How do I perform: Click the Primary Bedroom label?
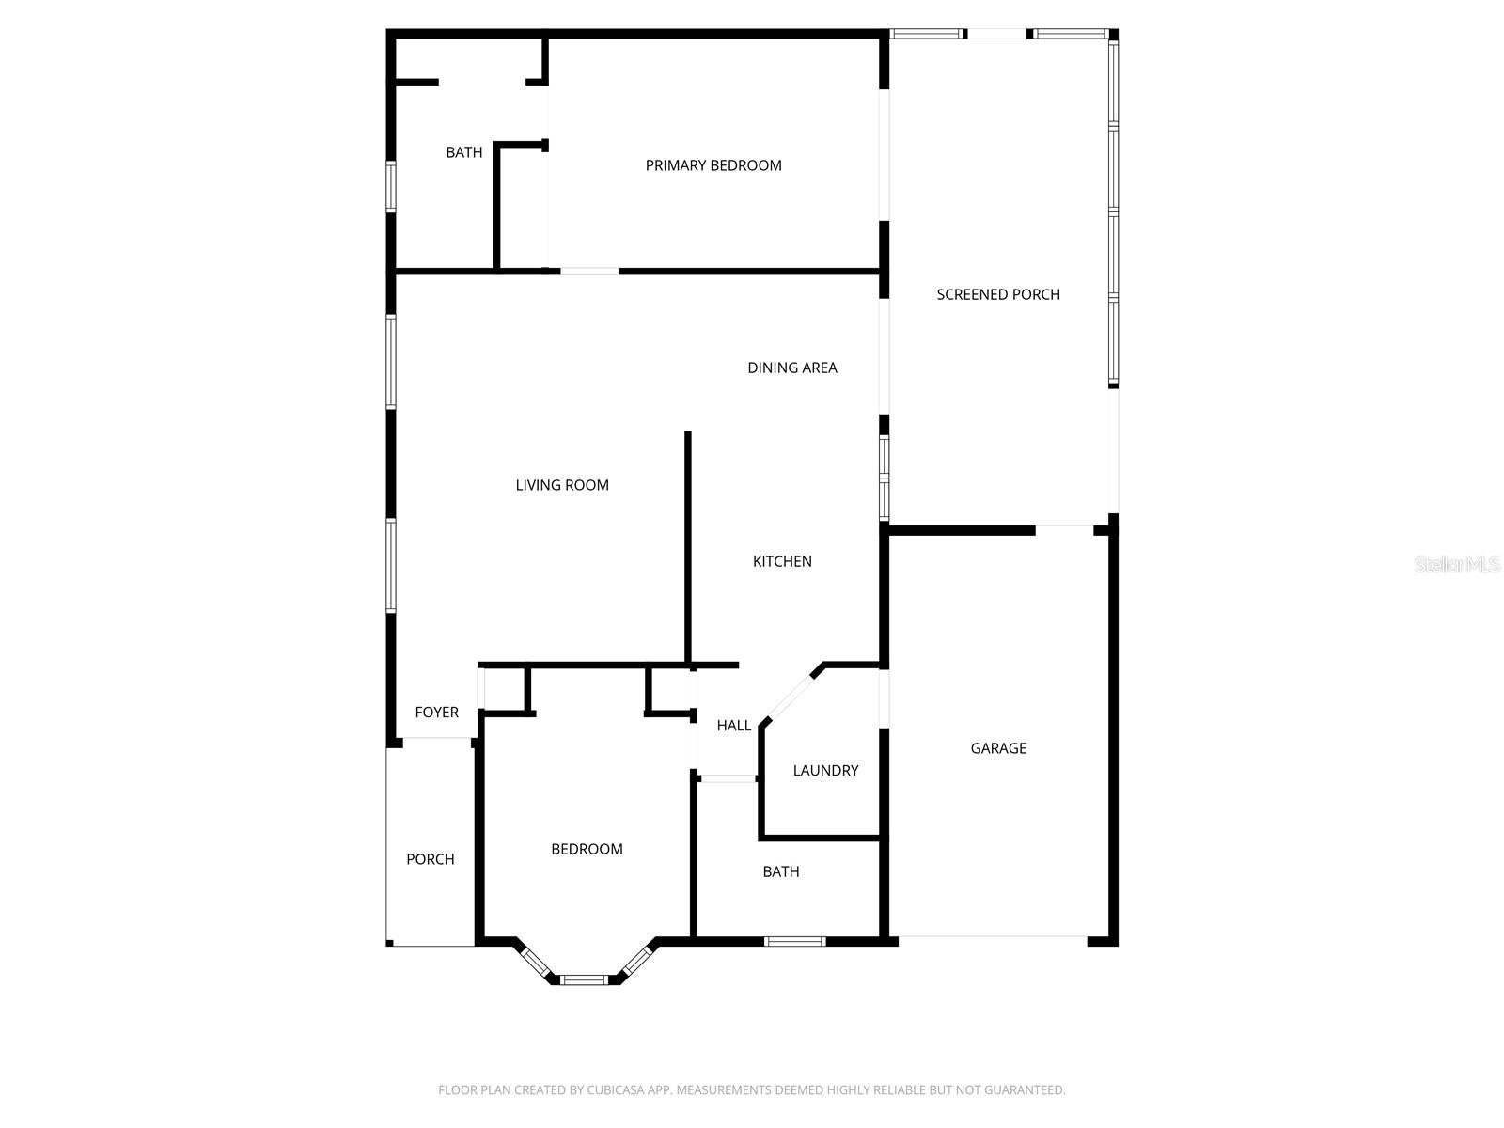pos(713,165)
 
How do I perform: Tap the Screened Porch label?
pos(998,294)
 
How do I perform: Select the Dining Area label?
pos(792,368)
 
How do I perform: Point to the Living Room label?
pos(562,485)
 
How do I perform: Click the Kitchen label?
pos(782,561)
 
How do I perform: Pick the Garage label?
pos(998,748)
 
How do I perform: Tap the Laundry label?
pos(825,771)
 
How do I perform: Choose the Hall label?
pos(734,726)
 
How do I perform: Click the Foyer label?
pos(437,713)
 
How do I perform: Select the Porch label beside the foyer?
pos(431,859)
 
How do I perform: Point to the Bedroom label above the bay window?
pos(587,849)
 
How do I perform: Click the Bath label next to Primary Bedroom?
pos(464,152)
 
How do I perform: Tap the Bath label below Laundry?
pos(781,871)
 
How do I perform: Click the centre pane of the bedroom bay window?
pos(584,980)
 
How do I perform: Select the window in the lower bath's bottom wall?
pos(795,941)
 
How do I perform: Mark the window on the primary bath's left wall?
pos(391,186)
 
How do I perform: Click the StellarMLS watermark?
pos(1457,564)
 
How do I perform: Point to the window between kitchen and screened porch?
pos(884,477)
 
